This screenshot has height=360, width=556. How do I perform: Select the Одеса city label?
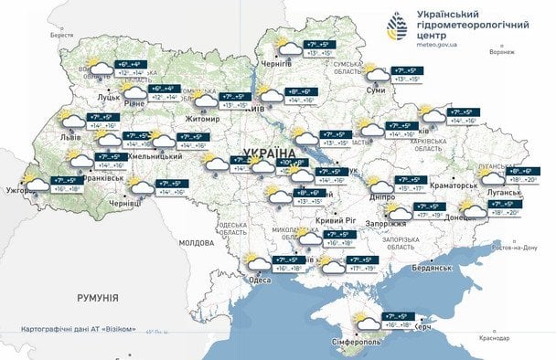(261, 280)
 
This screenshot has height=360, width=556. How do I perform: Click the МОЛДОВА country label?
(196, 243)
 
